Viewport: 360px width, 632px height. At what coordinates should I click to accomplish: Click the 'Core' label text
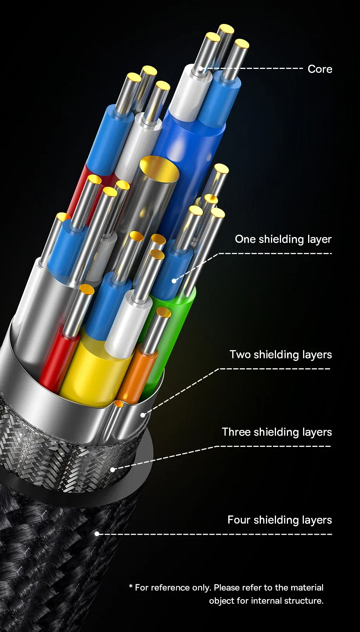(x=320, y=69)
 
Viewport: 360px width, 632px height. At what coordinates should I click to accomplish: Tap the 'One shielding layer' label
(x=283, y=239)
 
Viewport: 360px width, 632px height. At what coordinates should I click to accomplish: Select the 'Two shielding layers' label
(x=281, y=355)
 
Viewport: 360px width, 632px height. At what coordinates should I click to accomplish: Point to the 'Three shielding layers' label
(x=277, y=432)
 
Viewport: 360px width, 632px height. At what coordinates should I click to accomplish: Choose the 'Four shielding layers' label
(x=279, y=520)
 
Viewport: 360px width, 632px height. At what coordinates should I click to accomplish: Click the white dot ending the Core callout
(x=201, y=69)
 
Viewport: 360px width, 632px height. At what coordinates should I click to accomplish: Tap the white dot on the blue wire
(x=174, y=280)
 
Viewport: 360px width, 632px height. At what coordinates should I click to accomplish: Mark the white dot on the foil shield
(x=143, y=415)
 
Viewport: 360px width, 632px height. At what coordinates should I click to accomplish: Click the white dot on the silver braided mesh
(x=113, y=470)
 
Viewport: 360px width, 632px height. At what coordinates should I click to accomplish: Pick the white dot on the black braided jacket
(x=97, y=534)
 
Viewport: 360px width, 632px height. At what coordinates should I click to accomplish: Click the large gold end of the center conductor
(x=159, y=168)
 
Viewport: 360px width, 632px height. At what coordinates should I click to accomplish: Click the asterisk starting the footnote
(x=131, y=587)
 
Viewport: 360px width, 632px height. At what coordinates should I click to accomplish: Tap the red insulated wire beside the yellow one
(x=56, y=360)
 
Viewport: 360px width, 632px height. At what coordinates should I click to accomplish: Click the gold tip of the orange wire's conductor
(x=164, y=313)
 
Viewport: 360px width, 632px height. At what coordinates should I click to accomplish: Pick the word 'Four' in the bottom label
(x=239, y=520)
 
